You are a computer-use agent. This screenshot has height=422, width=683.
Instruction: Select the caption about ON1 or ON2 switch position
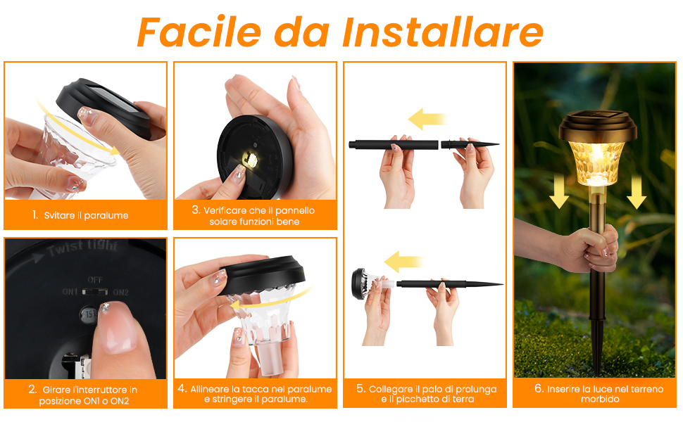(83, 395)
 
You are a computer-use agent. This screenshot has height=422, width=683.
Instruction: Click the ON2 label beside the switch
(120, 292)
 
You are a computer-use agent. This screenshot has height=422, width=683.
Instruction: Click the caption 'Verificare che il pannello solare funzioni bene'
(255, 216)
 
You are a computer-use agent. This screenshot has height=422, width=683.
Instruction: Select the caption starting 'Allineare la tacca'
(255, 394)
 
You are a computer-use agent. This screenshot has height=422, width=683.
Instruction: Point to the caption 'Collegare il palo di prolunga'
(425, 394)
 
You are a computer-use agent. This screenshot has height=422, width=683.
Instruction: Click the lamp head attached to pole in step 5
(365, 283)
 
